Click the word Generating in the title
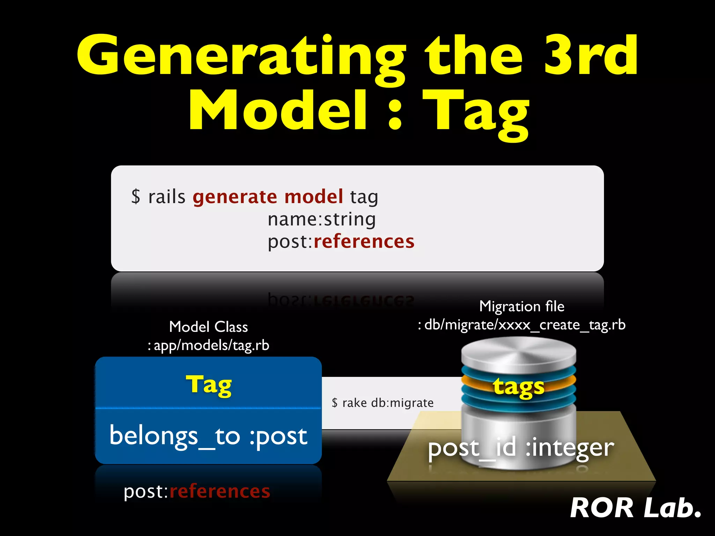pos(241,56)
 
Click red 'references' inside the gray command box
pos(364,241)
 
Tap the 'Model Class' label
pos(208,327)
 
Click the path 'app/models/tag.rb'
pos(211,345)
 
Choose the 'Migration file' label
pos(522,306)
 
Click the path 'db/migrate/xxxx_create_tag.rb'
pos(525,325)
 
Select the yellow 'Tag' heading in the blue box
pos(208,385)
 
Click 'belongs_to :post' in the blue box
pos(208,436)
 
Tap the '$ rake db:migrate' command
pos(383,403)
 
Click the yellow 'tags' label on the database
pos(518,387)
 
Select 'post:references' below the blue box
pos(197,492)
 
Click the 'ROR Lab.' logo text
pos(635,508)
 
